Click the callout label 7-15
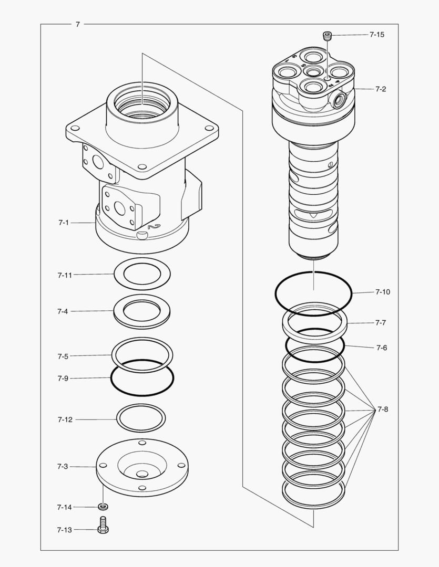376,35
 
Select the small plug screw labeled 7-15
327,36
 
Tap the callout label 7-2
381,89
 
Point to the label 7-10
383,292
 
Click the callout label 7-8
383,409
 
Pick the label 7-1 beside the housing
64,223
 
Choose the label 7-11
65,275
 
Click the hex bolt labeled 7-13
103,525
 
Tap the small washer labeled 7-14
103,507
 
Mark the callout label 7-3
63,466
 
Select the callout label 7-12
65,419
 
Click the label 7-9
63,378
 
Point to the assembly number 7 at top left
77,24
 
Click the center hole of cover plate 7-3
142,474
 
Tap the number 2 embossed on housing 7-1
153,227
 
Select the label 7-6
381,348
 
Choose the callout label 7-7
381,323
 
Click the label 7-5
63,356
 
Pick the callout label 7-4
63,311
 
